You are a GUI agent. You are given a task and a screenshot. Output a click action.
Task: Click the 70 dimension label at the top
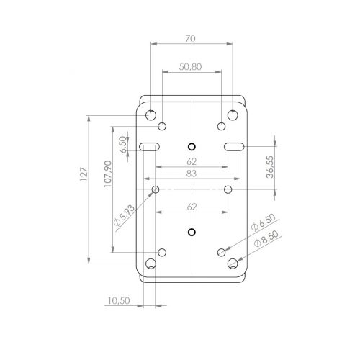point(190,39)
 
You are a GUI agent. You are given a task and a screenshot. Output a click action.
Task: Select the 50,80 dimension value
point(190,67)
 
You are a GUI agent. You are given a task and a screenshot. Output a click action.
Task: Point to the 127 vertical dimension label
point(84,174)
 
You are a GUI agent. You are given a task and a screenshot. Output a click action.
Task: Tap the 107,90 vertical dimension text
point(108,174)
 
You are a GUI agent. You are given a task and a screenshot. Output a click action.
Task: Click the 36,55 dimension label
point(270,167)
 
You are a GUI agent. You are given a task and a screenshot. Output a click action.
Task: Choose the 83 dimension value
point(192,174)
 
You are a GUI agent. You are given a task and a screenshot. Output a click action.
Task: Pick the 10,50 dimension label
point(119,300)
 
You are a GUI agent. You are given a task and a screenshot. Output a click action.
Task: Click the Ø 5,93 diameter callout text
point(124,215)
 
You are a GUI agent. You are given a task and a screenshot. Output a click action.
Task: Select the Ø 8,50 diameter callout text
point(266,238)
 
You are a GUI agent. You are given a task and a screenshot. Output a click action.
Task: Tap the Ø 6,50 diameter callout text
point(264,222)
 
